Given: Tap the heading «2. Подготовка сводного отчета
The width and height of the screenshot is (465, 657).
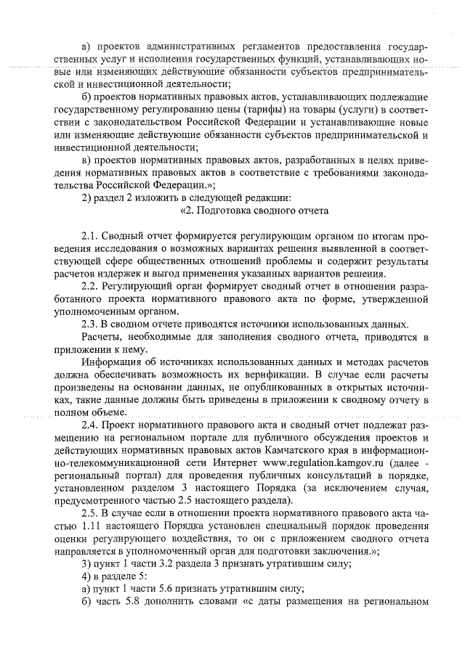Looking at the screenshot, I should (x=254, y=211).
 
